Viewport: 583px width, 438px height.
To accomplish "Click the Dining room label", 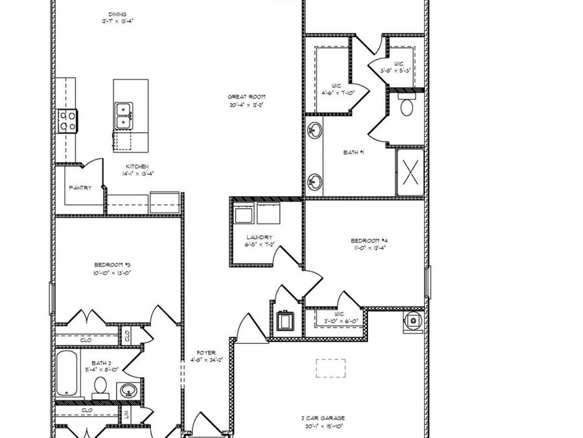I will tap(118, 14).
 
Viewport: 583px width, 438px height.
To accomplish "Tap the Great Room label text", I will tap(246, 97).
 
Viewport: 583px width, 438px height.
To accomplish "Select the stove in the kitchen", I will tap(67, 120).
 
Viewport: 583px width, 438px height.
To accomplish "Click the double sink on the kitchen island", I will tap(124, 116).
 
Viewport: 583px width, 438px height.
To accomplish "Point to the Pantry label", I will tap(80, 188).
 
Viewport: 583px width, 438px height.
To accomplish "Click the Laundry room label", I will tap(259, 237).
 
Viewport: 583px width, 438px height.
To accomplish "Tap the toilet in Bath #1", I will tap(407, 106).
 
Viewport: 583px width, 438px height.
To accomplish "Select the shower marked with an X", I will tap(410, 172).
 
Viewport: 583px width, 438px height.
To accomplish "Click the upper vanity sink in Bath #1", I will tap(314, 130).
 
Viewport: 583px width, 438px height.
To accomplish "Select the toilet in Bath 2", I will tap(100, 387).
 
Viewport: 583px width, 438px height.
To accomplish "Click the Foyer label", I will tap(206, 353).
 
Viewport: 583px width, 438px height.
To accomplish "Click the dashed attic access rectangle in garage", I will tap(330, 368).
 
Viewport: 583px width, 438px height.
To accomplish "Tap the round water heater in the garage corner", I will tap(412, 321).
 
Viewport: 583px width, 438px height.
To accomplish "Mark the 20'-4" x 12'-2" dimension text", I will tap(246, 104).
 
